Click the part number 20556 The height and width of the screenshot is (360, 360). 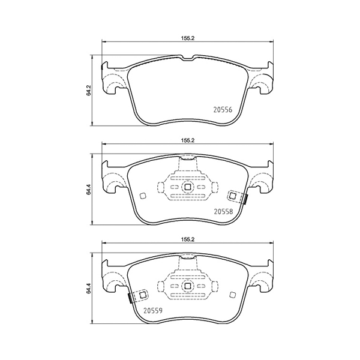223,110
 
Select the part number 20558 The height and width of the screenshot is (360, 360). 223,211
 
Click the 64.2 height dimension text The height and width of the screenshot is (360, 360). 89,91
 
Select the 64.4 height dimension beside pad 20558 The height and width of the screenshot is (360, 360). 89,191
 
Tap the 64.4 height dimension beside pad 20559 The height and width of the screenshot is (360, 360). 89,291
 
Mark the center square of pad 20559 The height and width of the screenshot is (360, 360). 187,287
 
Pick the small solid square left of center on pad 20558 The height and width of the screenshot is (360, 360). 142,196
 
